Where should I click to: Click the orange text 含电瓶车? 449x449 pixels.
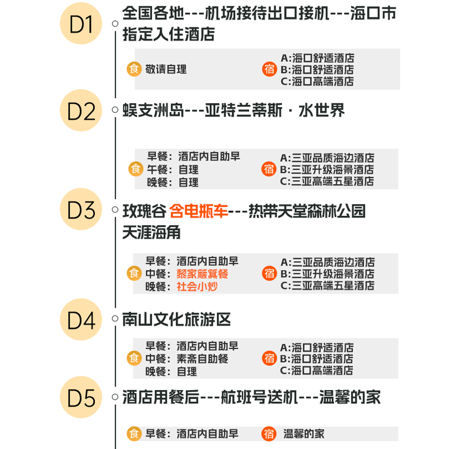(199, 212)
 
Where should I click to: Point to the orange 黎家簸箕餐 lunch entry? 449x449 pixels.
(203, 274)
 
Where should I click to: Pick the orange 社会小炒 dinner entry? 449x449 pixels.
(197, 286)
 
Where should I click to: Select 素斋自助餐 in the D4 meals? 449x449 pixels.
(203, 359)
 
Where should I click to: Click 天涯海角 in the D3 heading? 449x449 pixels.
(151, 232)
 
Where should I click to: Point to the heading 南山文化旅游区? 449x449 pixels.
(177, 320)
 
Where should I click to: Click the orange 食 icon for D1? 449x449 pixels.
(134, 70)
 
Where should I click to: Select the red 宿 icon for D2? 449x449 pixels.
(269, 169)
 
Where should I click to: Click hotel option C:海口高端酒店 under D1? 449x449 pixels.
(317, 81)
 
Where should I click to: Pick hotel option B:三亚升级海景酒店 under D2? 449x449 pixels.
(327, 169)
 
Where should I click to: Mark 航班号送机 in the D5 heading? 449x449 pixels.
(255, 397)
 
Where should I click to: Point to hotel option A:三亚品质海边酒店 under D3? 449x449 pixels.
(327, 262)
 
